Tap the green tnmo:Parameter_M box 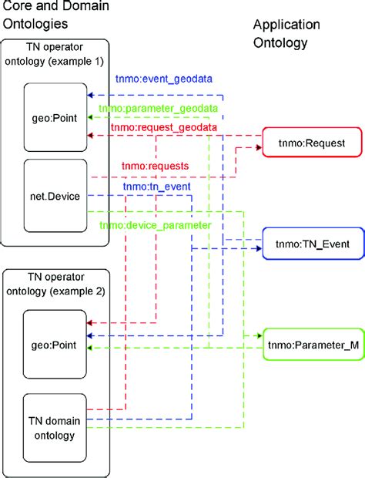click(312, 346)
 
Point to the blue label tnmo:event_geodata click(163, 79)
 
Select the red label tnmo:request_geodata click(163, 127)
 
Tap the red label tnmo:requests click(154, 166)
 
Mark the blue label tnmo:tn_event click(156, 186)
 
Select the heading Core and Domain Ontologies click(54, 15)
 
